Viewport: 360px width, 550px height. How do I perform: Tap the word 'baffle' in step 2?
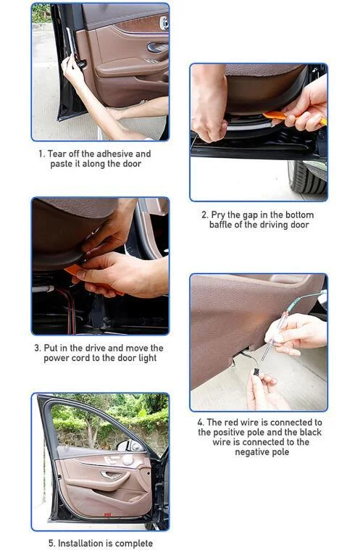coord(220,225)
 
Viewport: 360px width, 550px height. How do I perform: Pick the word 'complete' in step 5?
coord(133,543)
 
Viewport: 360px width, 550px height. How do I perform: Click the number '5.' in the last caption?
coord(52,543)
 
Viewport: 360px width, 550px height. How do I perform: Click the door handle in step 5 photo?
coord(112,475)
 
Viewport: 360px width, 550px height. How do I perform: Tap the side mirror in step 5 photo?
coord(131,446)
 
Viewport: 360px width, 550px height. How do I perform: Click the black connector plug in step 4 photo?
coord(257,372)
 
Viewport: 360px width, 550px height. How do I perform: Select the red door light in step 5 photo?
coord(108,515)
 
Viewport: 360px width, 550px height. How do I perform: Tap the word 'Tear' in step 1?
coord(56,154)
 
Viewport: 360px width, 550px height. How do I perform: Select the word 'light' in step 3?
coord(147,358)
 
